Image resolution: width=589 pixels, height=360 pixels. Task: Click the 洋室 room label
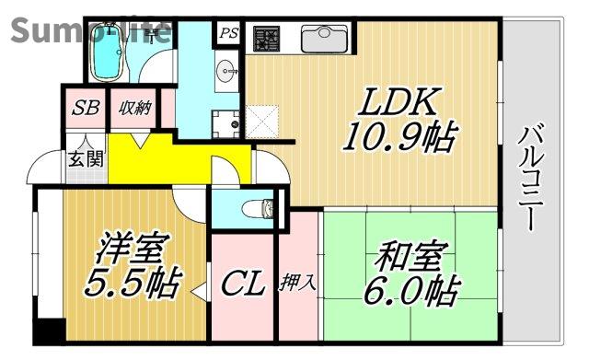132,247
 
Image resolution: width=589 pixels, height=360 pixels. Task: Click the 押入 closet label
298,283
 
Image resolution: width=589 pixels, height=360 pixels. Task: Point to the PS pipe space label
228,33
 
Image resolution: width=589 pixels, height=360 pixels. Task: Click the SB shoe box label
86,107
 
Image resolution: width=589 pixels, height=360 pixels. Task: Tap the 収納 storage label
133,107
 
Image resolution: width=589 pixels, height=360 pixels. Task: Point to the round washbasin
226,70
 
